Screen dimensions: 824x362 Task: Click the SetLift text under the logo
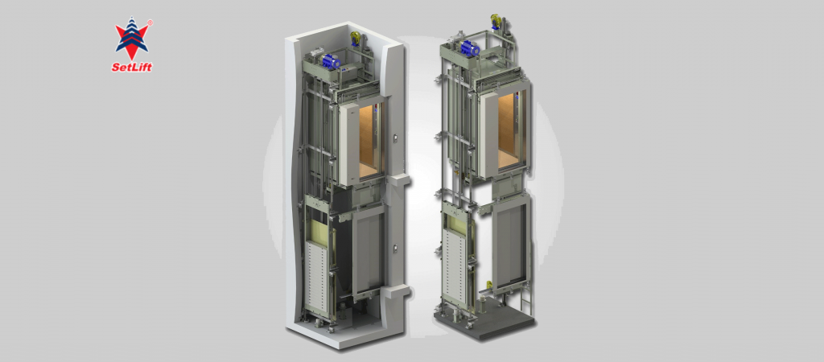coord(132,68)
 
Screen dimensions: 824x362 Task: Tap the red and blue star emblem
coord(132,39)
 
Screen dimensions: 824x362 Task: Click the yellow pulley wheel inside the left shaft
coord(356,38)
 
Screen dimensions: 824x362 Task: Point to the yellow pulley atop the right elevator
coord(496,21)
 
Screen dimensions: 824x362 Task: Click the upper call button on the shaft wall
coord(396,138)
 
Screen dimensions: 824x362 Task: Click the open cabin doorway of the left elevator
coord(372,140)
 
